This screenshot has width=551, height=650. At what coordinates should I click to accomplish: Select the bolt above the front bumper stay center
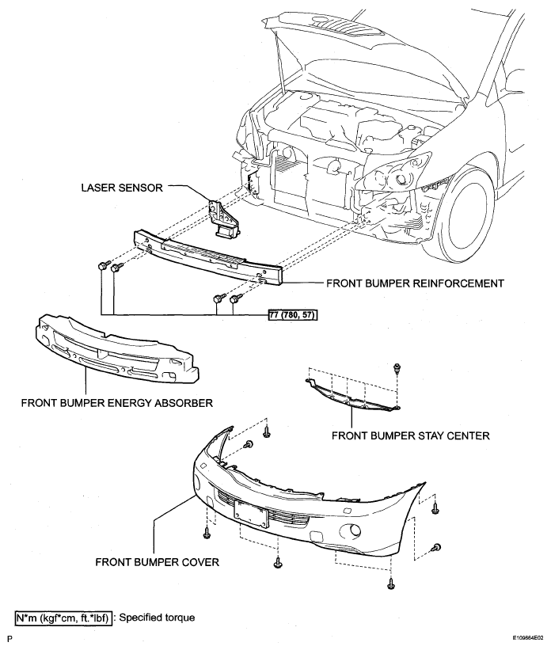[397, 367]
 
